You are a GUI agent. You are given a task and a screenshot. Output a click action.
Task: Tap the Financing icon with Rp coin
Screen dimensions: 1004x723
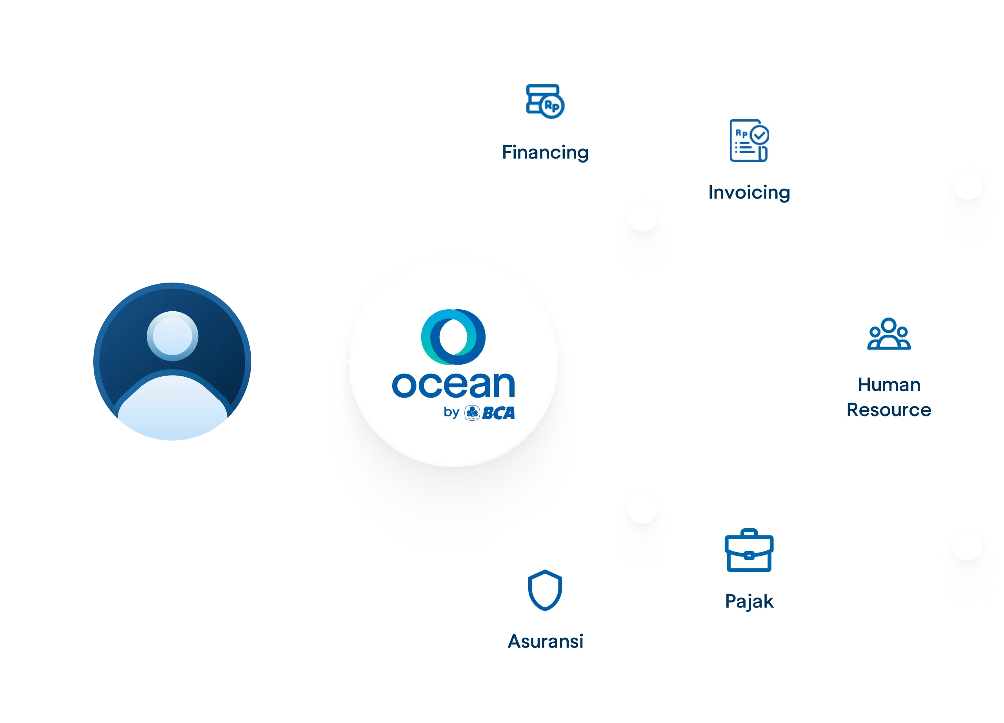545,101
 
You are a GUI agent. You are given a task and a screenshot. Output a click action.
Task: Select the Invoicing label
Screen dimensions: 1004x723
749,193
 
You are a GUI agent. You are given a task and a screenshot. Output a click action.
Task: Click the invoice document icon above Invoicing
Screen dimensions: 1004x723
749,141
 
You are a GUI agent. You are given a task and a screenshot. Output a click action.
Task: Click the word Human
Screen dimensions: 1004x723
889,385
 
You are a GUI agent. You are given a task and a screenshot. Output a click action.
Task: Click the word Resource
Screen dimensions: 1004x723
889,410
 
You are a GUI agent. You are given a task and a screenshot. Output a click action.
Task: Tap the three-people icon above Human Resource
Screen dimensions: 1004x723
889,334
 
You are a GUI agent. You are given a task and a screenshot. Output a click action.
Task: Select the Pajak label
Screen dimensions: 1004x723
749,602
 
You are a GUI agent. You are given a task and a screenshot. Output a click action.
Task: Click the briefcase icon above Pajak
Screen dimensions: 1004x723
749,550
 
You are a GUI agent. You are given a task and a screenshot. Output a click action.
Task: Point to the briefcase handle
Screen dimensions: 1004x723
749,532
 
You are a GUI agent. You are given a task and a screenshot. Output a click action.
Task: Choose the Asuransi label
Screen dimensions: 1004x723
546,641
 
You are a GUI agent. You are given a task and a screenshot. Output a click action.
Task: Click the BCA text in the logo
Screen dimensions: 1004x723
498,413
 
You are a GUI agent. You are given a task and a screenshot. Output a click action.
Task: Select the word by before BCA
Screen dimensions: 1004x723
451,413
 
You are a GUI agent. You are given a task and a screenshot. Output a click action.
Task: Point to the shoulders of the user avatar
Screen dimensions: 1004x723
172,405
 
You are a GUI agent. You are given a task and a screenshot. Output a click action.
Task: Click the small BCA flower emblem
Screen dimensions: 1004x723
472,413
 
